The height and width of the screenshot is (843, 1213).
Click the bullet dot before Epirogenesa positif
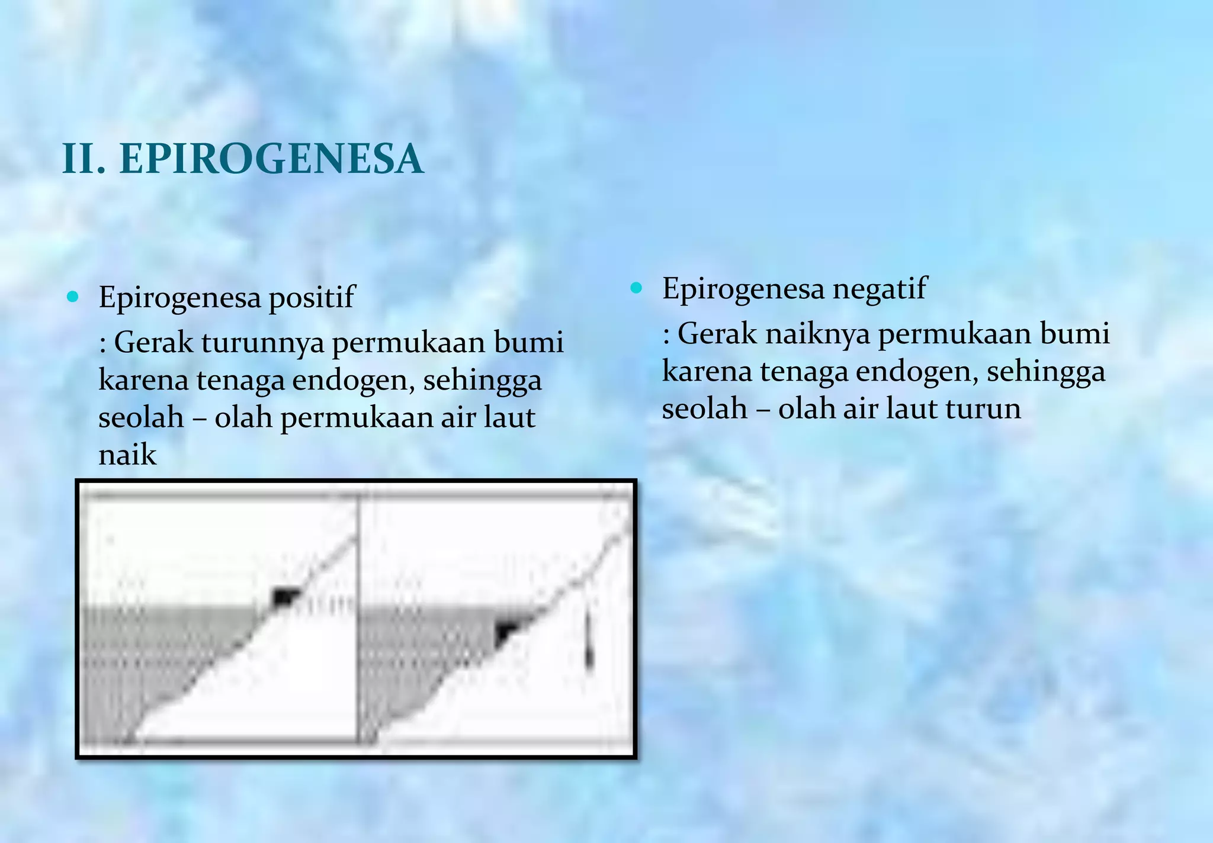[x=73, y=297]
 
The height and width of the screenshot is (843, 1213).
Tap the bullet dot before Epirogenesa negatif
[x=636, y=288]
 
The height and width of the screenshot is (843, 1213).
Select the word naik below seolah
[x=127, y=455]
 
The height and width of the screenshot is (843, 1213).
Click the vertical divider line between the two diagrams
[x=358, y=616]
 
